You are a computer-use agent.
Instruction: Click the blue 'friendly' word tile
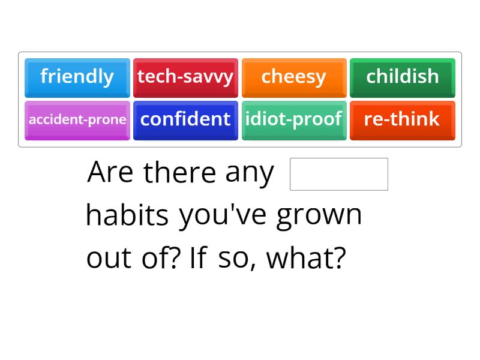click(77, 77)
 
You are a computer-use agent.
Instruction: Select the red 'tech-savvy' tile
click(185, 77)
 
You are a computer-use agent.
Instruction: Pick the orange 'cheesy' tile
click(294, 77)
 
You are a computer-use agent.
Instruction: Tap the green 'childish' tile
click(403, 77)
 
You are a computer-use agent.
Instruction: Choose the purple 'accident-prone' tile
click(77, 119)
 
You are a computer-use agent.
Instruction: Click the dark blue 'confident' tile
click(185, 119)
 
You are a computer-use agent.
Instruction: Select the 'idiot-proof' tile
click(294, 119)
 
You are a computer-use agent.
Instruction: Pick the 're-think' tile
click(403, 119)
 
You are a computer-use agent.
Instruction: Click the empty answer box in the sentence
click(339, 174)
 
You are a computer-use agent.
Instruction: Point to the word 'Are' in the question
click(111, 173)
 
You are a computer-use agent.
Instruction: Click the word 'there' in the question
click(180, 173)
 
